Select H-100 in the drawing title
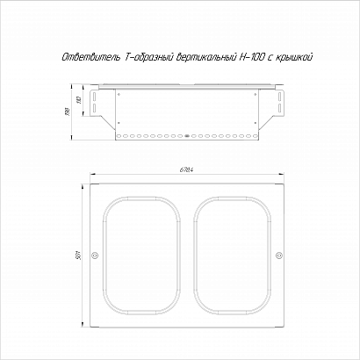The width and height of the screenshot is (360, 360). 252,57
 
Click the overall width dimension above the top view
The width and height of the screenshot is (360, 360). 187,169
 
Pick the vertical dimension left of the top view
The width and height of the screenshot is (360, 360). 80,256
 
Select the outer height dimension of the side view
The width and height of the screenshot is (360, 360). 67,112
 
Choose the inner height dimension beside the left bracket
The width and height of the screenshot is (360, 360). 78,100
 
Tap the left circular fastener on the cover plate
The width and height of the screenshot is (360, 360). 95,256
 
